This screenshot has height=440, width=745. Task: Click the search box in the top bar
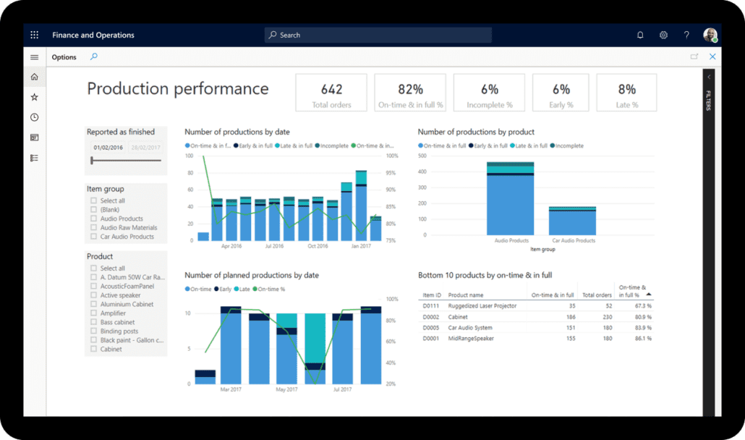(378, 35)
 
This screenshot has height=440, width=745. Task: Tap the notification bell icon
(640, 35)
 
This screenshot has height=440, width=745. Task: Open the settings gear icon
(663, 35)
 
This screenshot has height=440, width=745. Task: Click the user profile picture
(710, 35)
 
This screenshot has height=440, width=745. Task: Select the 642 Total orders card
(331, 93)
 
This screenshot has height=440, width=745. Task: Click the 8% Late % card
(626, 93)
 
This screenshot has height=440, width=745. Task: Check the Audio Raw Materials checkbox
(93, 227)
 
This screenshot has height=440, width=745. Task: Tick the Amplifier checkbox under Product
(93, 313)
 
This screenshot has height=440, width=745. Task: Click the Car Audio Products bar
(571, 220)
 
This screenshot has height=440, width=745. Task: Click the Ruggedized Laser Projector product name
(482, 306)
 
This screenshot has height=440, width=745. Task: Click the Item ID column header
(432, 295)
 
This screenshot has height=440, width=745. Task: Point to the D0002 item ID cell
(430, 317)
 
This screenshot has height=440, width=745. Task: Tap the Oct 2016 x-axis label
(318, 246)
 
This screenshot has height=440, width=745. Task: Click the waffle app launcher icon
(34, 35)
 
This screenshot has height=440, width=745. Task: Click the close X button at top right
(712, 56)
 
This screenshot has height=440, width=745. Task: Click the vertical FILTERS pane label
(709, 101)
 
